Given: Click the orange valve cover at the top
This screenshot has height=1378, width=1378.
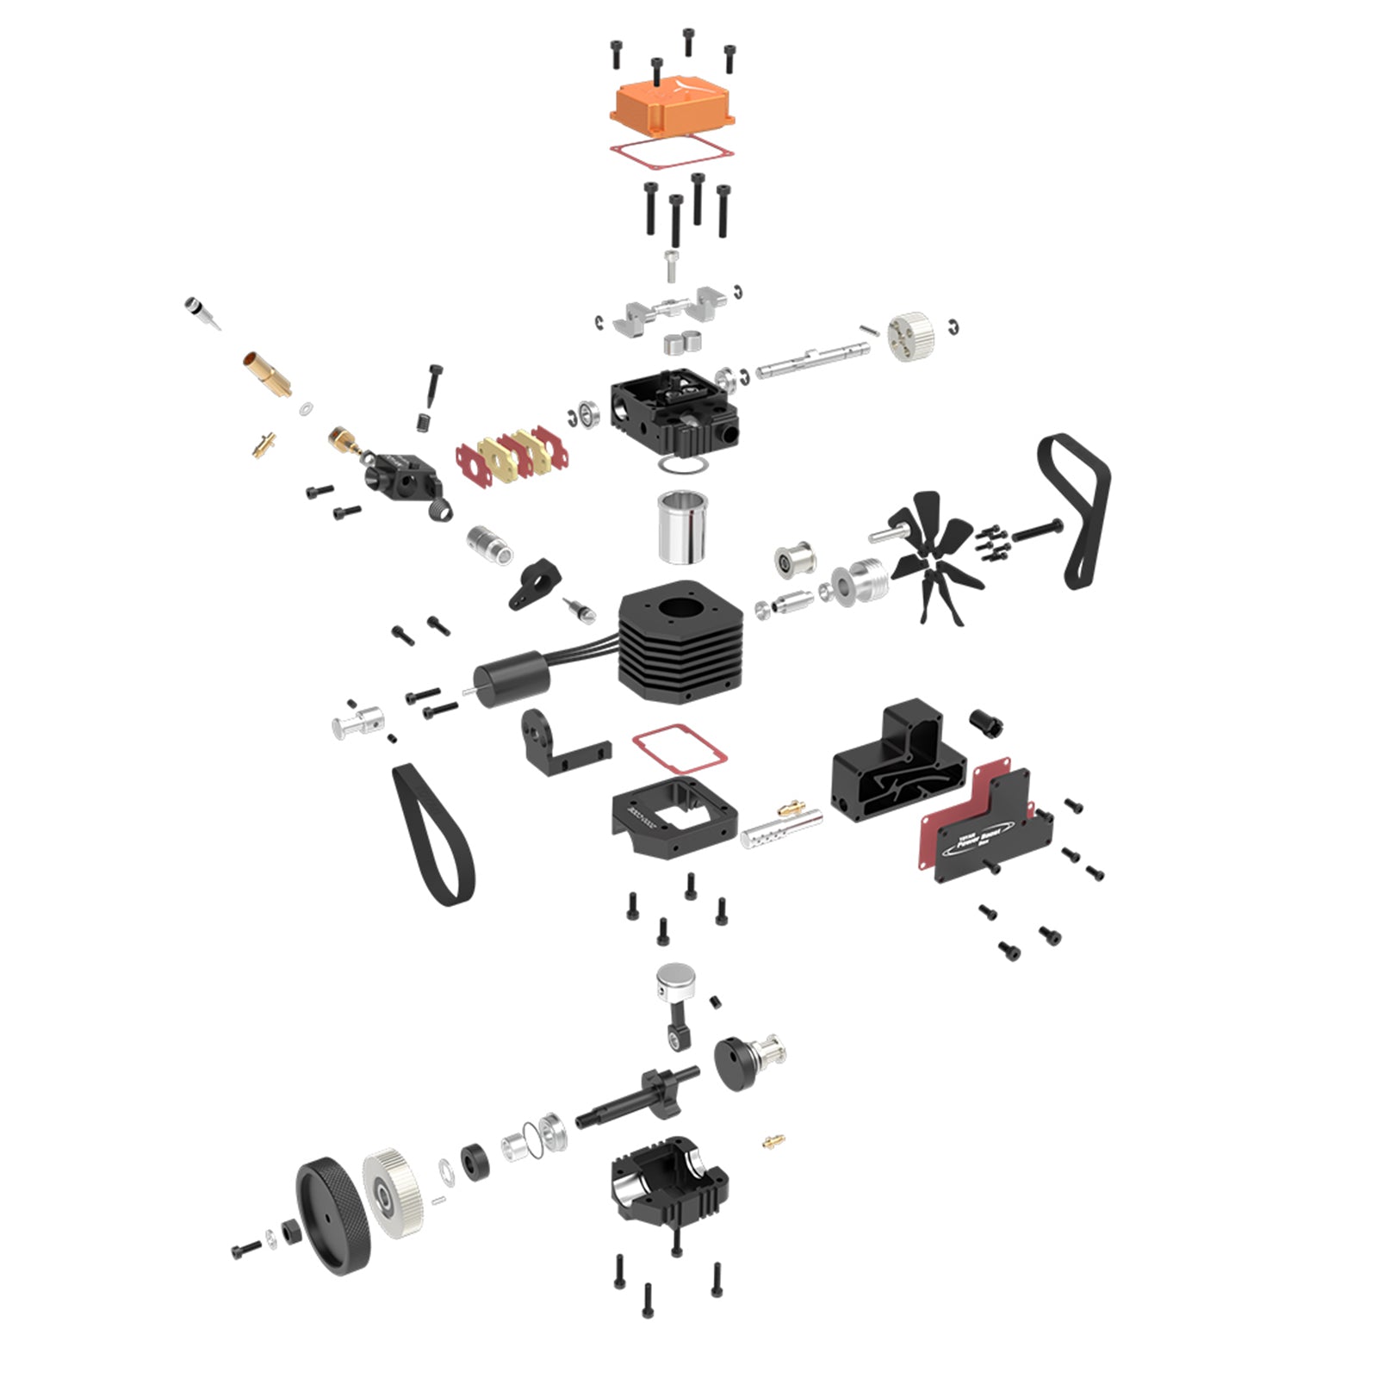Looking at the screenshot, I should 672,108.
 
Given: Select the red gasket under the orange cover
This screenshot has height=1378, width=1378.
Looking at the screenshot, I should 672,153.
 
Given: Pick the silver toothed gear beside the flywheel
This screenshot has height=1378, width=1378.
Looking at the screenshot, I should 393,1193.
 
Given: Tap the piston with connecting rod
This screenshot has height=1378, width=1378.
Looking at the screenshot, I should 676,999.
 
